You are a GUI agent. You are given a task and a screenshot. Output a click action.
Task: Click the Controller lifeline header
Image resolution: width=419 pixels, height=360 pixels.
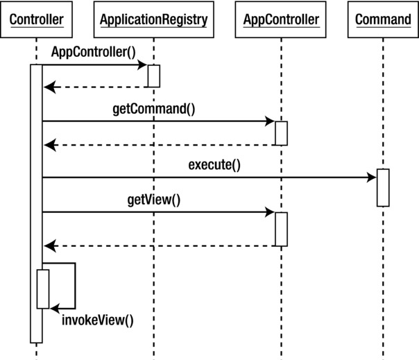35,19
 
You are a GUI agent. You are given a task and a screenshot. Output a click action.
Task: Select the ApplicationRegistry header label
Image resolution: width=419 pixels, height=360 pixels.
153,19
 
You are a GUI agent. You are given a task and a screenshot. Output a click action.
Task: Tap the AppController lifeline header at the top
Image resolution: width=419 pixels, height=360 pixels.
281,19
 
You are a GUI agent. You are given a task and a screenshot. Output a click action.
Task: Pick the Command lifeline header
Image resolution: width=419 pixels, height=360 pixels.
382,19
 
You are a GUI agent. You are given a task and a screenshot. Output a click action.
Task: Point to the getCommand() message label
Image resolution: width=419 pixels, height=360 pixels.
153,108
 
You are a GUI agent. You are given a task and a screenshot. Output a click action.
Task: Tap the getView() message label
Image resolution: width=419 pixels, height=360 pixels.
153,200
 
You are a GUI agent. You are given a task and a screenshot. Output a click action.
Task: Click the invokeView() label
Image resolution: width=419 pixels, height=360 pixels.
97,320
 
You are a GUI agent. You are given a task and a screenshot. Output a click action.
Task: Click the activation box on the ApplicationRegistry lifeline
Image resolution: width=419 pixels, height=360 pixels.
153,76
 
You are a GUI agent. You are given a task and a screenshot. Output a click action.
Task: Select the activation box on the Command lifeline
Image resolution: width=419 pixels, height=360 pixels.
383,187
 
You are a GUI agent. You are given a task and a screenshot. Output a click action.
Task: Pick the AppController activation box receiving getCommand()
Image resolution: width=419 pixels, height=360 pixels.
281,133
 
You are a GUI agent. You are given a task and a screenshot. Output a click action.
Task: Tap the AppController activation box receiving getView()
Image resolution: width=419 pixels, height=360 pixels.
281,229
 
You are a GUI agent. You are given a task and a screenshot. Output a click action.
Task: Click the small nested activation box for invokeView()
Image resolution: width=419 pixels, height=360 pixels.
43,289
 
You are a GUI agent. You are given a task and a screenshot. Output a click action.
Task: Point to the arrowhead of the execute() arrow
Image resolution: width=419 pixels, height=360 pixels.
371,178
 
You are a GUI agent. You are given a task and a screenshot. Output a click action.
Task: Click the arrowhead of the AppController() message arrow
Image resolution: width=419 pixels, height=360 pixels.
142,65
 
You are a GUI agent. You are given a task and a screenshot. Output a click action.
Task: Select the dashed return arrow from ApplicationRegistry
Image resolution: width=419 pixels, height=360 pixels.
97,87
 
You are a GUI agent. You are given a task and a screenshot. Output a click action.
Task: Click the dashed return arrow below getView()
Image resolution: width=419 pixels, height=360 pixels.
160,246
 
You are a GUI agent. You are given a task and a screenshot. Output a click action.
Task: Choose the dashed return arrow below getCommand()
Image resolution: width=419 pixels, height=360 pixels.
160,145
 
